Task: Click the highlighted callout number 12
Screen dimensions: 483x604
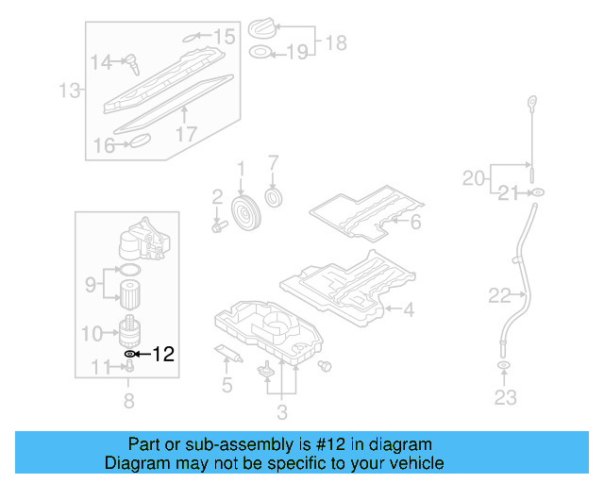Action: point(163,355)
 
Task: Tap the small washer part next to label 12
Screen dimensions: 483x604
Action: point(129,354)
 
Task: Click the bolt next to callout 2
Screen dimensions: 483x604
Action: point(219,226)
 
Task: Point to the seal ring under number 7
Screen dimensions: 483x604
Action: point(275,196)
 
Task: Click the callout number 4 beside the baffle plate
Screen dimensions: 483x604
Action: point(408,308)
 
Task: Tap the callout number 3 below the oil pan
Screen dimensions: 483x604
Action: point(281,411)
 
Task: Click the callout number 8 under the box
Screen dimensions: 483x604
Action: point(128,401)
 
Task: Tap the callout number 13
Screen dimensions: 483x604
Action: point(68,91)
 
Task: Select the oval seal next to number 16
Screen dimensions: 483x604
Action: point(139,141)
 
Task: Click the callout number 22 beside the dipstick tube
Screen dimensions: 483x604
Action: point(499,296)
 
